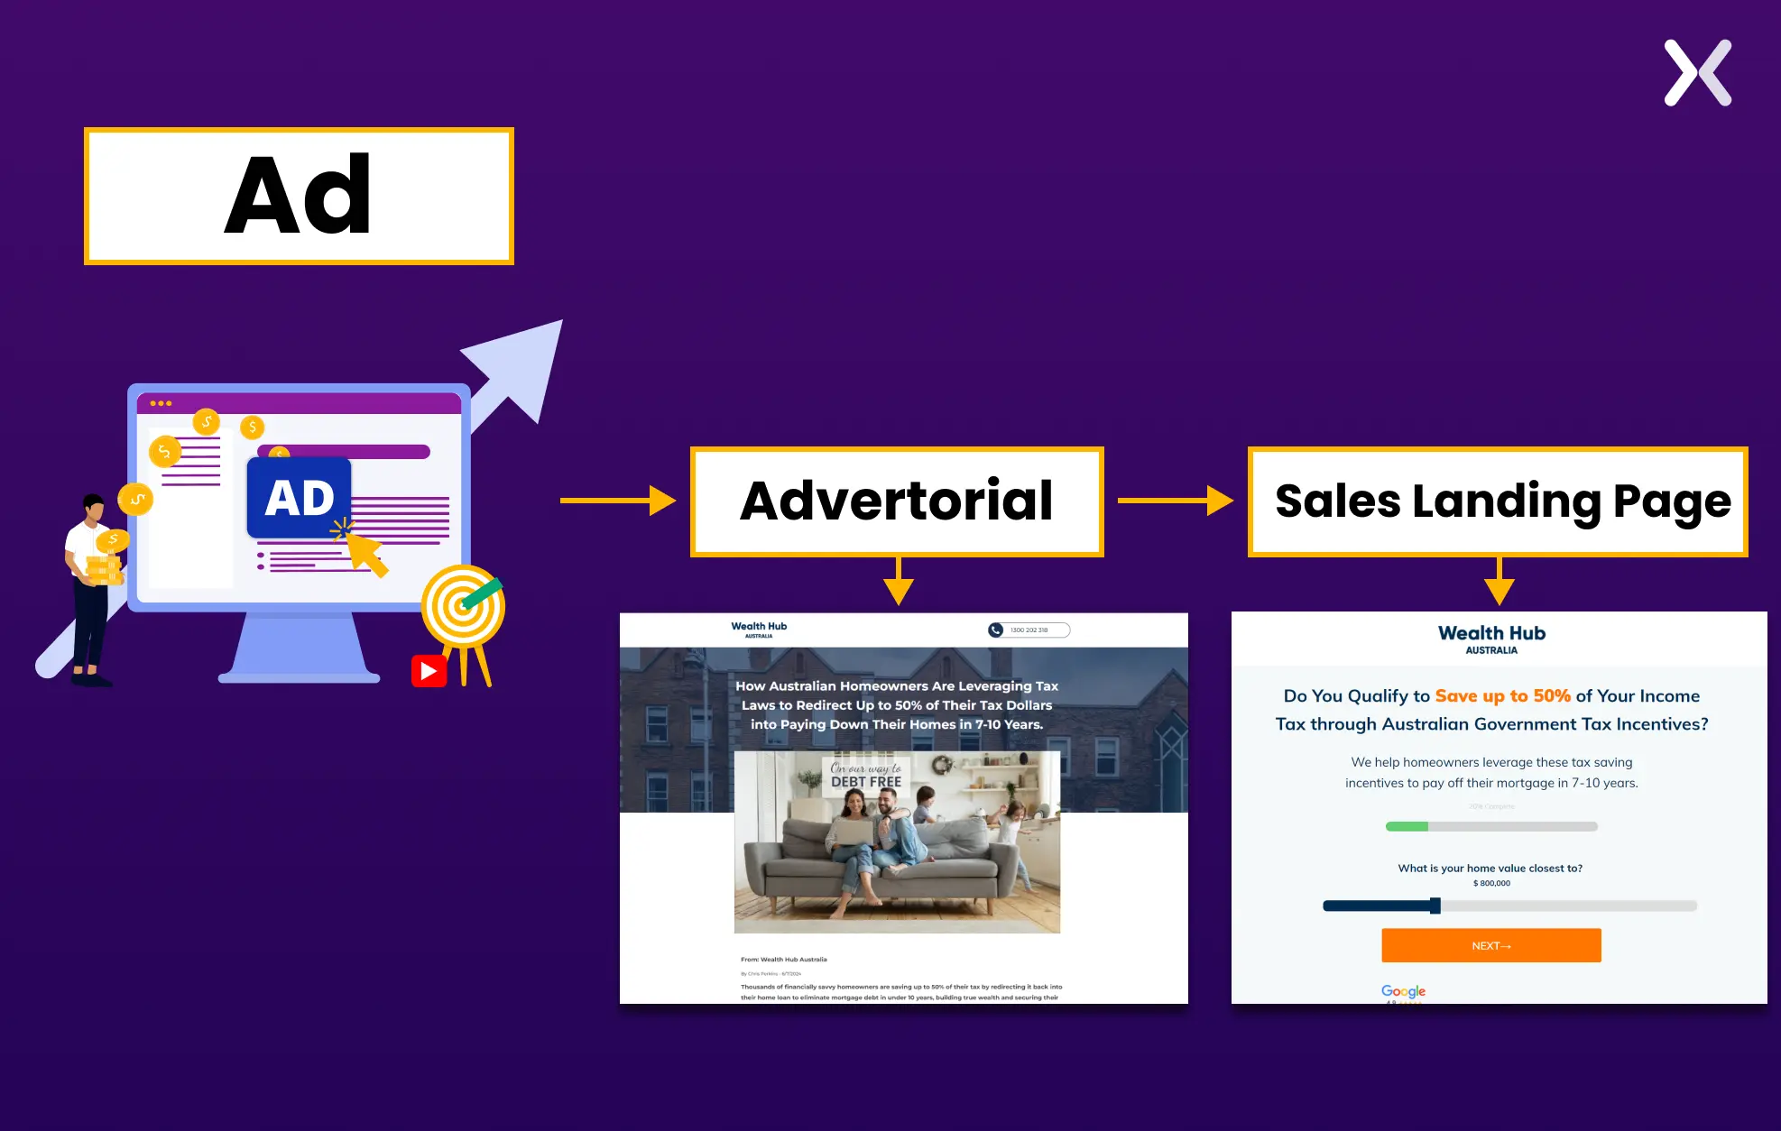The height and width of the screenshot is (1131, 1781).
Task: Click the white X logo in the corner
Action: point(1697,73)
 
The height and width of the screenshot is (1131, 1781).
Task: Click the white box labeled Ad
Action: point(299,196)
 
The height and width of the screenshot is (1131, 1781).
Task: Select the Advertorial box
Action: point(897,501)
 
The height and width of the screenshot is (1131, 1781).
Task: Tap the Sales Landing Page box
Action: point(1498,501)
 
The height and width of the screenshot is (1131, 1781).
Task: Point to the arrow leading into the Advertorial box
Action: point(617,500)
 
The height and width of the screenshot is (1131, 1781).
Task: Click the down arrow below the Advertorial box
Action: point(899,583)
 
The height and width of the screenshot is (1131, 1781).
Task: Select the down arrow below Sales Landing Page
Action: point(1499,583)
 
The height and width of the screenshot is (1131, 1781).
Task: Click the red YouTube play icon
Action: point(429,671)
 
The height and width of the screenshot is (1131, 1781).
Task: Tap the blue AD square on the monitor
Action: point(299,498)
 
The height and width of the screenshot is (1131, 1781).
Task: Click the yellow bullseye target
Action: point(463,605)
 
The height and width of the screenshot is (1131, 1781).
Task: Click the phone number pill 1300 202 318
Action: point(1029,630)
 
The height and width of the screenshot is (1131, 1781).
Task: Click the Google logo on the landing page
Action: point(1403,991)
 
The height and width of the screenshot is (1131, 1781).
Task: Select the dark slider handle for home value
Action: point(1435,906)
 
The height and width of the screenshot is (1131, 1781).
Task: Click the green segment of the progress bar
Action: point(1407,826)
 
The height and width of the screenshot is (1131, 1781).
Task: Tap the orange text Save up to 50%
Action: point(1502,695)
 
